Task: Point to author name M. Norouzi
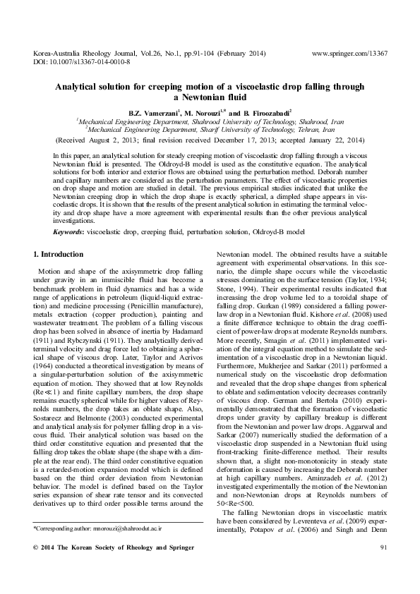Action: tap(206, 111)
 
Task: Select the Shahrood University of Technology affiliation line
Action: tap(210, 121)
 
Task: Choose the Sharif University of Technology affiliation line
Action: tap(210, 129)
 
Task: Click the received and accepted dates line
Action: tap(210, 139)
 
